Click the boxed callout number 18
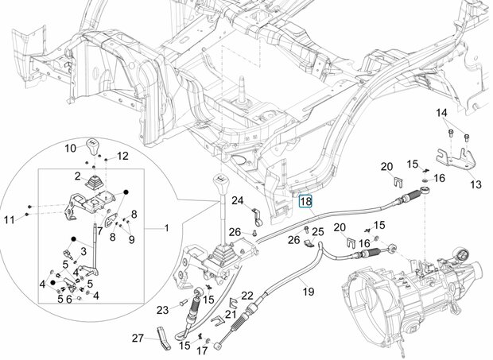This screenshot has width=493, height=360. (305, 201)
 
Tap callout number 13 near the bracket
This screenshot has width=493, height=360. (476, 184)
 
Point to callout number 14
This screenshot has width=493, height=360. (441, 113)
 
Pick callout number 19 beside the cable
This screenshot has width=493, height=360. (309, 292)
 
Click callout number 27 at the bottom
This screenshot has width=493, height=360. (138, 339)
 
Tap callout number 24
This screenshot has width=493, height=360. (238, 200)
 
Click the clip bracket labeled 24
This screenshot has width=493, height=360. (257, 217)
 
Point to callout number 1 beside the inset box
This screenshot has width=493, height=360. (167, 228)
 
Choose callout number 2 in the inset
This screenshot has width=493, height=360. (78, 176)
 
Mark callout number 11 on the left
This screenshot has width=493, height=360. (10, 219)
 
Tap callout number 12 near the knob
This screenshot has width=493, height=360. (122, 156)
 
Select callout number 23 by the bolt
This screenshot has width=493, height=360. (162, 311)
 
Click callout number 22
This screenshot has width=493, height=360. (247, 296)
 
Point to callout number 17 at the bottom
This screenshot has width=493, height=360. (203, 350)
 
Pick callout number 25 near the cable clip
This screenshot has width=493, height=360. (317, 232)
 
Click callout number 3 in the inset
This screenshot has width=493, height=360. (83, 251)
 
